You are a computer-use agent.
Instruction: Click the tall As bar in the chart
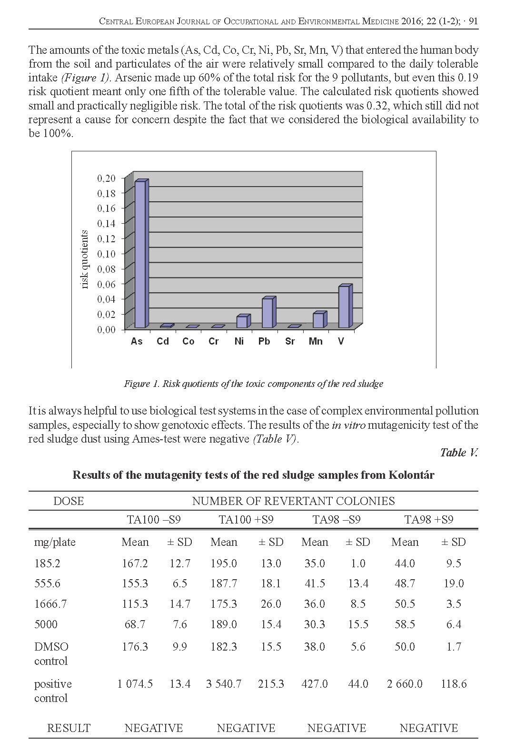tap(140, 254)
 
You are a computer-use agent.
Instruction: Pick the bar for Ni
tap(242, 321)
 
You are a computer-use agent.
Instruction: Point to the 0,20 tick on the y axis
tap(107, 178)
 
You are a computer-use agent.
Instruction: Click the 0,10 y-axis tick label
tap(107, 254)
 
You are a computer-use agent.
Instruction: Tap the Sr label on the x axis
tap(290, 341)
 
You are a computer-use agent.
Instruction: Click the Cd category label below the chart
tap(163, 341)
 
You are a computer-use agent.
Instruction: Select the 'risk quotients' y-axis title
tap(85, 259)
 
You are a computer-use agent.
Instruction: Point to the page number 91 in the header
tap(473, 21)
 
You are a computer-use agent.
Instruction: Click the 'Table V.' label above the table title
tap(458, 452)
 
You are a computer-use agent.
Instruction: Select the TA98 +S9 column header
tap(428, 519)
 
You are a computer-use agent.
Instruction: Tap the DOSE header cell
tap(69, 501)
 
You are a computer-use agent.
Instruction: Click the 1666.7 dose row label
tap(50, 604)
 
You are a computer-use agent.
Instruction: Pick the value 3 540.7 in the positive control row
tap(224, 684)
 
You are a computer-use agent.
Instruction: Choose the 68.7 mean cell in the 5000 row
tap(135, 624)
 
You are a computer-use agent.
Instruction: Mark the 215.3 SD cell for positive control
tap(271, 684)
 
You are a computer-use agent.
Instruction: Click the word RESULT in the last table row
tap(69, 728)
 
